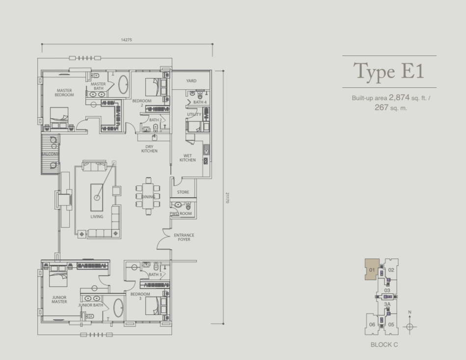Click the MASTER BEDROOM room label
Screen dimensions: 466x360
coord(64,93)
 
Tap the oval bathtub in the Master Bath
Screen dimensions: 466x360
coord(123,84)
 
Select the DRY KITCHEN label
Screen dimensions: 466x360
coord(149,149)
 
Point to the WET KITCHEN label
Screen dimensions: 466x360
coord(187,157)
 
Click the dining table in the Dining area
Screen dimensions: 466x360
coord(148,196)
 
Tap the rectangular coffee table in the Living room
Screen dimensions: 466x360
coord(97,197)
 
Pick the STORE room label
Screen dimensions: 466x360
coord(183,192)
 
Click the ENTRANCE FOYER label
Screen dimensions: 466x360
coord(184,237)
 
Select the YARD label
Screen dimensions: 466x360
coord(191,80)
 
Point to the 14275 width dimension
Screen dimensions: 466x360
coord(126,40)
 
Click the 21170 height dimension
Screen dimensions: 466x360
coord(227,198)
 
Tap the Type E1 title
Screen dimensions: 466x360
coord(388,71)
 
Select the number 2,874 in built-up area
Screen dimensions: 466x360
coord(399,97)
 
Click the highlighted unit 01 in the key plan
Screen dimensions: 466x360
coord(372,269)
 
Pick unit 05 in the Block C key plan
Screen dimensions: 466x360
coord(391,324)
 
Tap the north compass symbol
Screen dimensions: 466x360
coord(410,327)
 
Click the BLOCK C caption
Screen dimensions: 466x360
coord(384,344)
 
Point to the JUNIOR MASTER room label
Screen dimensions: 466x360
coord(59,299)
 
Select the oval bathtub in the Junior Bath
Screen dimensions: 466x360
coord(118,308)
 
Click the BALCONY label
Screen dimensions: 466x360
coord(50,154)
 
